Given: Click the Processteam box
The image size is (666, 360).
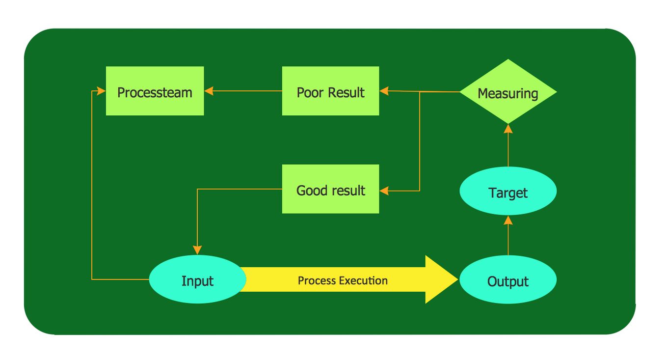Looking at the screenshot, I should (x=155, y=91).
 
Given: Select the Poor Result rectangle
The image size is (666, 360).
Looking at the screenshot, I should (x=330, y=91).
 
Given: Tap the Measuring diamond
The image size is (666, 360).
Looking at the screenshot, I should (x=508, y=92).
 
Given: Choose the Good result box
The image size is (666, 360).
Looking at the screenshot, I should (x=330, y=189).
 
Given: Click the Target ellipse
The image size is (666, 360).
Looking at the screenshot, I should (x=508, y=192).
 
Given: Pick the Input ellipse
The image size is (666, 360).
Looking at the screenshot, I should (x=197, y=280).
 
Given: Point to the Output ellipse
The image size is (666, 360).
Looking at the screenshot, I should (x=508, y=280).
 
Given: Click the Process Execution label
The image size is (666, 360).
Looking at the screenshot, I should (x=343, y=280).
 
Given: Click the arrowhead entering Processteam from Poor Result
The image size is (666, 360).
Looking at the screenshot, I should (x=208, y=91).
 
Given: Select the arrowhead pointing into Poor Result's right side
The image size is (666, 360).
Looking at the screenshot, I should (x=384, y=91).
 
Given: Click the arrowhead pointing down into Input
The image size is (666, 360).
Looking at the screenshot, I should (x=197, y=250).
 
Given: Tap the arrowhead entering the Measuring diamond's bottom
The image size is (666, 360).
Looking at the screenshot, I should (x=508, y=129).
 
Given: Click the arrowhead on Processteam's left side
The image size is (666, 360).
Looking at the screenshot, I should (x=102, y=91).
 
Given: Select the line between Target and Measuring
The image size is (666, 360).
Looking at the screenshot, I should (x=508, y=150).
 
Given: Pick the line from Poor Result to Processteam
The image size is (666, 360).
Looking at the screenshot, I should (x=245, y=91).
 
